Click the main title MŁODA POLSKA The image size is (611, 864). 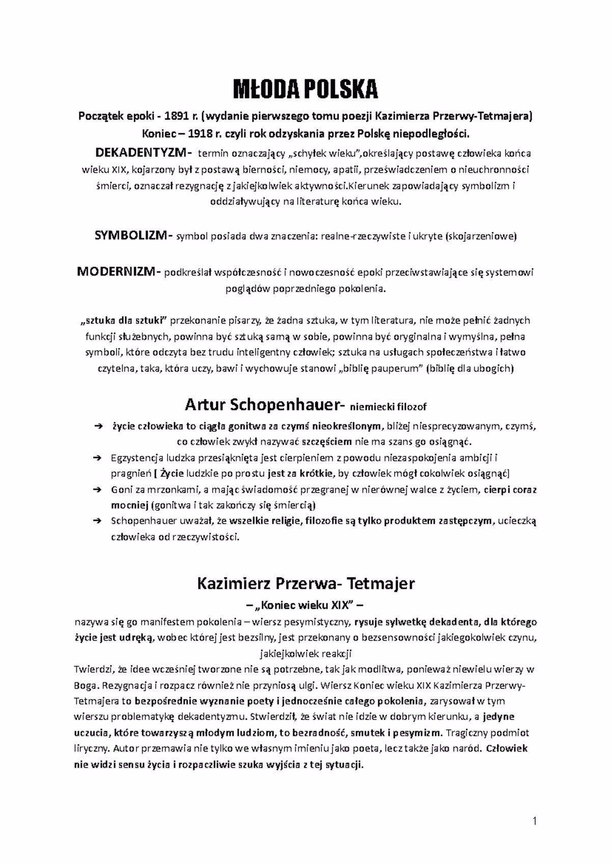pos(305,90)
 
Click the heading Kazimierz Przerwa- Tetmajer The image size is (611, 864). pos(305,583)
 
